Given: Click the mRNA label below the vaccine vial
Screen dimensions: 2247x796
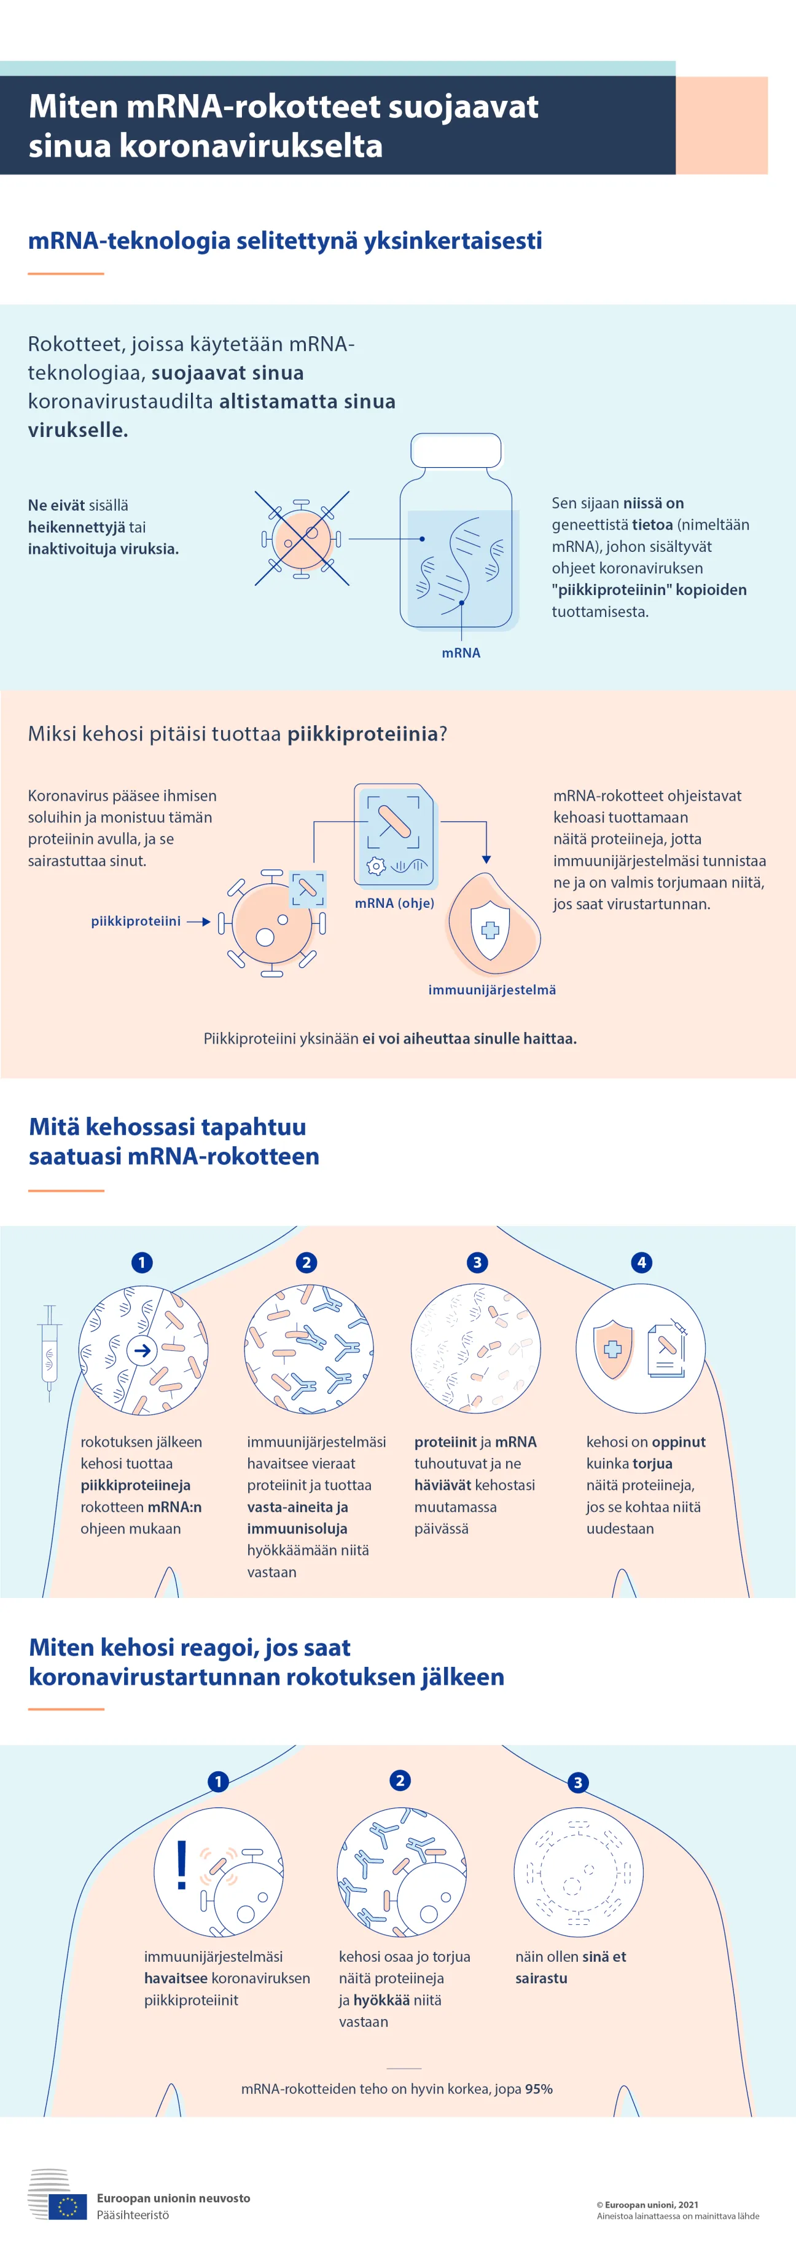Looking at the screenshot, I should [x=460, y=653].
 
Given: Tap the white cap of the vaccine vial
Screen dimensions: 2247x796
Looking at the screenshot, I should [x=456, y=450].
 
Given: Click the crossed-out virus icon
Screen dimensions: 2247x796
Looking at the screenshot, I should [x=302, y=538].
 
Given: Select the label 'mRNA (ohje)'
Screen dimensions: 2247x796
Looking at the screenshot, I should [x=394, y=903].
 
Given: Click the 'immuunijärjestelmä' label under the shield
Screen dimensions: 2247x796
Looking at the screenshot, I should [x=492, y=989].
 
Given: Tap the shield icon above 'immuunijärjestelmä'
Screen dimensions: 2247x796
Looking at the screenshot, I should [x=490, y=930].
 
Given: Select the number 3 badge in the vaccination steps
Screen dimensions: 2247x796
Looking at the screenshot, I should [x=477, y=1262].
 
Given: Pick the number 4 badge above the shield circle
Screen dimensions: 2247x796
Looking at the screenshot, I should [x=642, y=1262].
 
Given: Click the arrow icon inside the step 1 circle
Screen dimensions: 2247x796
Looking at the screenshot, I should [x=142, y=1351].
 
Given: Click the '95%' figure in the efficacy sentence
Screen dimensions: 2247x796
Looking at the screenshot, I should [x=539, y=2089].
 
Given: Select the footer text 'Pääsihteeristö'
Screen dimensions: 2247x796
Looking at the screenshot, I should [x=133, y=2214].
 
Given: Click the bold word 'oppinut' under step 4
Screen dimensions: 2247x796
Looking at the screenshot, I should [x=677, y=1442].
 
